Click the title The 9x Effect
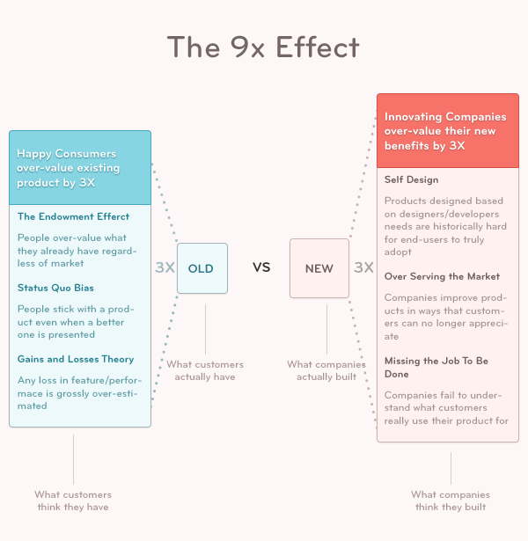coord(264,47)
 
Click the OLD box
coord(202,268)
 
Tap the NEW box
coord(319,268)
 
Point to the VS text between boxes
coord(261,267)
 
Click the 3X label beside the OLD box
coord(165,267)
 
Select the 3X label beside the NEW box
coord(363,267)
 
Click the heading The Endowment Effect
coord(73,216)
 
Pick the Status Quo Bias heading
coord(55,288)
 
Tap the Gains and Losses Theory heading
coord(76,359)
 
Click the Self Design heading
coord(411,180)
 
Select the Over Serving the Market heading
coord(442,277)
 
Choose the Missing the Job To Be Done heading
coord(435,362)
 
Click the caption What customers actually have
coord(205,370)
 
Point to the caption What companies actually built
coord(326,370)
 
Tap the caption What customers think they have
coord(73,501)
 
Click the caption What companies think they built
coord(451,501)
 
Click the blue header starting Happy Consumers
coord(80,168)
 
